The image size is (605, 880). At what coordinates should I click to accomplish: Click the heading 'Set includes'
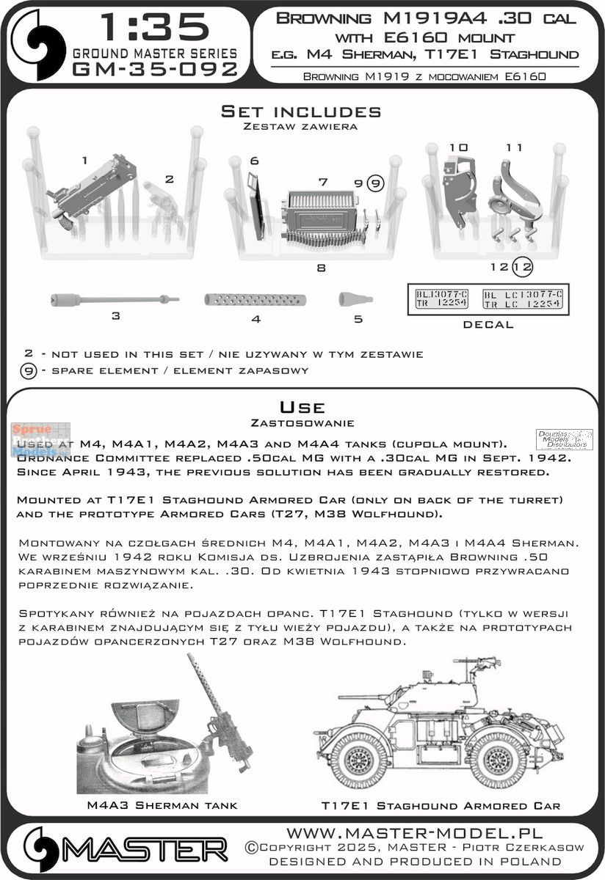tap(302, 111)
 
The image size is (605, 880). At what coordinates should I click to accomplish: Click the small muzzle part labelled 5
tap(355, 298)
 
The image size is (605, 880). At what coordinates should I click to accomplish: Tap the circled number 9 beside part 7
tap(375, 184)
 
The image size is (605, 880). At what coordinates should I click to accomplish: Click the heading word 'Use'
tap(302, 407)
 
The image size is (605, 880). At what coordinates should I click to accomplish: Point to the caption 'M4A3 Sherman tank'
tap(162, 805)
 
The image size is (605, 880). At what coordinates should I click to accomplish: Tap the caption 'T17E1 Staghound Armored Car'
tap(441, 805)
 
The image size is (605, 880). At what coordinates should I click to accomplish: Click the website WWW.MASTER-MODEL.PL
tap(414, 833)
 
